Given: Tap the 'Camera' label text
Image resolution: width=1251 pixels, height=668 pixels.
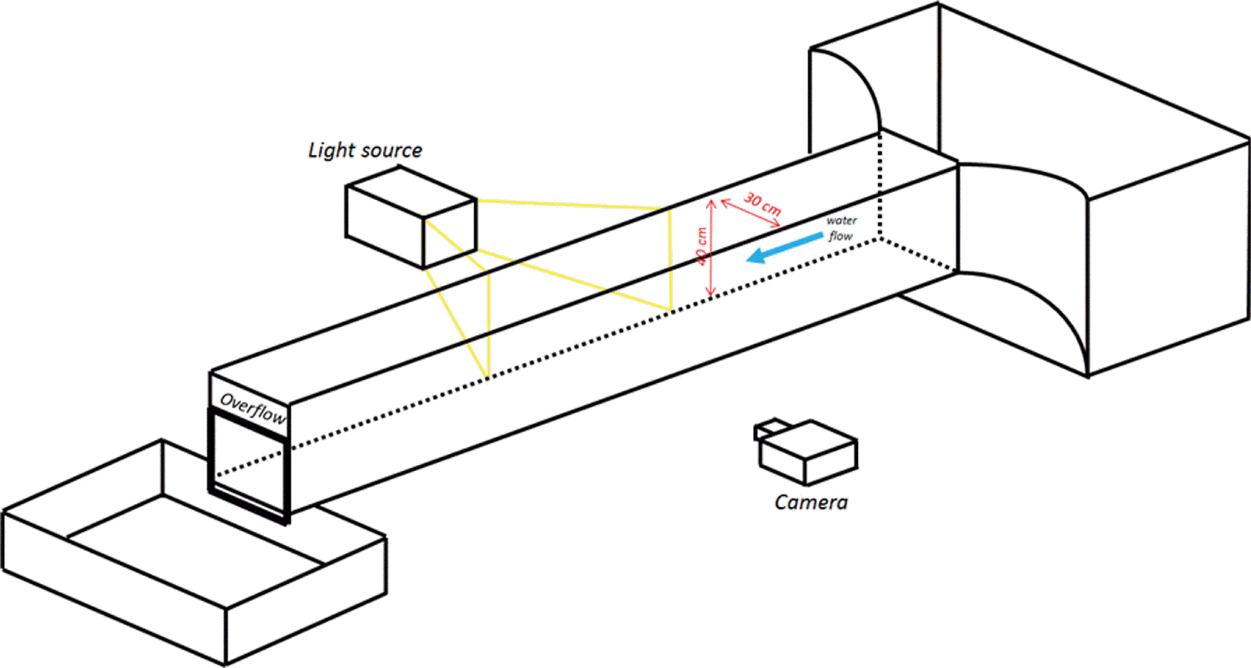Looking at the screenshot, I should (811, 502).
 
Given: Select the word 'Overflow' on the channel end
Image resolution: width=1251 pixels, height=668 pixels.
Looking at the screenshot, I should (252, 408).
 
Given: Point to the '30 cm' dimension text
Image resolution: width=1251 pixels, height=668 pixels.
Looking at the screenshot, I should (763, 204).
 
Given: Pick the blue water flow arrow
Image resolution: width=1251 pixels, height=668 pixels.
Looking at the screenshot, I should (785, 248).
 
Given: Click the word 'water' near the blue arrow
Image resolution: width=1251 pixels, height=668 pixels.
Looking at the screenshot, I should (842, 221).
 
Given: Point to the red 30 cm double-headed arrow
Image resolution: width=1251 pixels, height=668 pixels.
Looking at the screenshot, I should (750, 214).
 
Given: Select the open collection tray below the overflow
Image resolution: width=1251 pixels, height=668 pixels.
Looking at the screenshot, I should (194, 554).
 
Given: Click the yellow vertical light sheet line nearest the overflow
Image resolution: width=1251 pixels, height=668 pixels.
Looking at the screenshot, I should (488, 325).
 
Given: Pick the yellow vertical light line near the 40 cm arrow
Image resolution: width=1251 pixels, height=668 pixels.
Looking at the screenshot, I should (670, 260).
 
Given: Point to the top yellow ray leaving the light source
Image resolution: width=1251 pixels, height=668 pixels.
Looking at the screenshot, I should (568, 204).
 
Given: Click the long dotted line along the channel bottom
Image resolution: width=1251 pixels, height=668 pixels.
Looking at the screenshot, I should (583, 340).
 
